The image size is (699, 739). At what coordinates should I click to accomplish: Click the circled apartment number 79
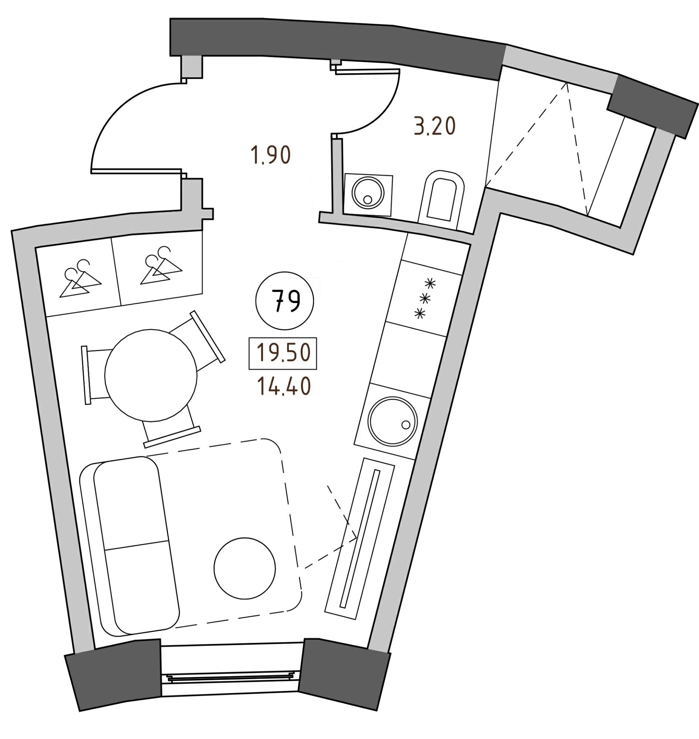[285, 301]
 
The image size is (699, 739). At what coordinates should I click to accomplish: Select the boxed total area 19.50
[283, 353]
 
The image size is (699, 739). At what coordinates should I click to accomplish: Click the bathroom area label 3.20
[435, 126]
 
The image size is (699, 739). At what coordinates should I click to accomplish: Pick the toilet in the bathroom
[442, 200]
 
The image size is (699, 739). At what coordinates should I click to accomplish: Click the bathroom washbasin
[368, 194]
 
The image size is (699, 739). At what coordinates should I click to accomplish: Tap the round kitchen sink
[392, 421]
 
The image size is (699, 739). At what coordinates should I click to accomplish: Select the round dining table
[151, 375]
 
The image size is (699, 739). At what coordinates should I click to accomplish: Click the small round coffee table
[245, 568]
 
